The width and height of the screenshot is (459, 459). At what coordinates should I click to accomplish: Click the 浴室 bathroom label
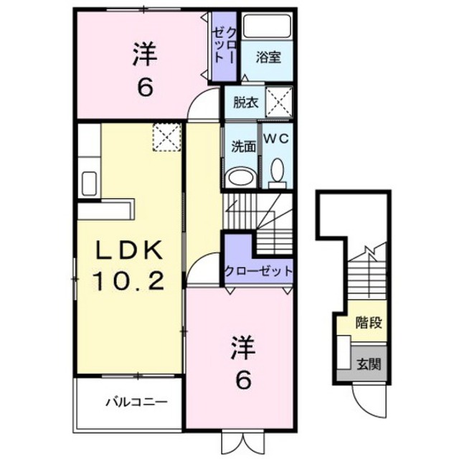268,57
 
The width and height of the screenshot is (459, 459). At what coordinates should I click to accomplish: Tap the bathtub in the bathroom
268,26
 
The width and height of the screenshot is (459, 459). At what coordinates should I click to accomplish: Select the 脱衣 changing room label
245,103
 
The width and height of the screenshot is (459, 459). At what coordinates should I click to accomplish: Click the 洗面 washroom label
244,146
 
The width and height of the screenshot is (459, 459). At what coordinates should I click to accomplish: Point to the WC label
277,138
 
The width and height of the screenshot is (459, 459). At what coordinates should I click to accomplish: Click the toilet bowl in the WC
278,174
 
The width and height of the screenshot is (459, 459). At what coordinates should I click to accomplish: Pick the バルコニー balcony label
136,402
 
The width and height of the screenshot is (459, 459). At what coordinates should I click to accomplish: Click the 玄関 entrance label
369,364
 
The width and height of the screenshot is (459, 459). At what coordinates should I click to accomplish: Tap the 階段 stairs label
369,323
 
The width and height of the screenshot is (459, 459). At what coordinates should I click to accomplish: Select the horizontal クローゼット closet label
258,272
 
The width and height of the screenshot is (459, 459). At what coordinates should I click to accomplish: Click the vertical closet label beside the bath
224,45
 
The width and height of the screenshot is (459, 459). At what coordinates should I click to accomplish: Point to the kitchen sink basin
89,184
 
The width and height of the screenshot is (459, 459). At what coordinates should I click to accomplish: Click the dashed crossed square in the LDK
167,137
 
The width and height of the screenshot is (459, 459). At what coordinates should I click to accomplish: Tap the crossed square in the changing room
279,102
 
